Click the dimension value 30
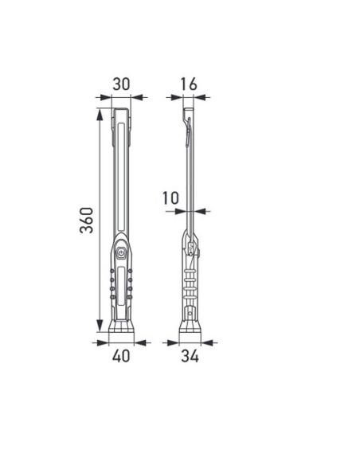pos(121,83)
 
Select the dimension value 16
pos(189,83)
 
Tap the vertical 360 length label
pos(87,221)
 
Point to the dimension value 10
pos(170,197)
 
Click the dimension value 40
pos(121,356)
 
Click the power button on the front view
pos(121,252)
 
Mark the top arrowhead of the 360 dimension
pos(100,114)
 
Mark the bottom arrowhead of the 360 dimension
pos(100,330)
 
